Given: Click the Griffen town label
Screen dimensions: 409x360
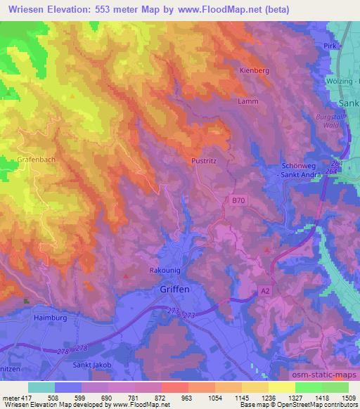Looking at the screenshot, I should pos(173,288).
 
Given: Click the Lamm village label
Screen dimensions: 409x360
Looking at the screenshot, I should pos(249,101).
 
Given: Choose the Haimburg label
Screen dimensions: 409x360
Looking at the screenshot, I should pos(49,318).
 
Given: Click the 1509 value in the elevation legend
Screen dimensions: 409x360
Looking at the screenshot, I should pos(347,398).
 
